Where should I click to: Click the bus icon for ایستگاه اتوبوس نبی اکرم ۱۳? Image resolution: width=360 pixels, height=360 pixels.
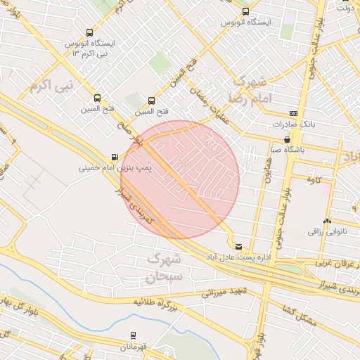tap(89, 32)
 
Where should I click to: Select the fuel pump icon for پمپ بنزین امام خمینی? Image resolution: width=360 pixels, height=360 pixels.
tap(114, 157)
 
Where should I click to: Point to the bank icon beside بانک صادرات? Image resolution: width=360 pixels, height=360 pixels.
tap(292, 113)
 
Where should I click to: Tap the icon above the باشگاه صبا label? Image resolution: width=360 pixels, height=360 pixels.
tap(287, 139)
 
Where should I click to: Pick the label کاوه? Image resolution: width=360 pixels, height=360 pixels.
tap(314, 180)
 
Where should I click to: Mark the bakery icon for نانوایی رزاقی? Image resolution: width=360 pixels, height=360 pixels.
tap(328, 221)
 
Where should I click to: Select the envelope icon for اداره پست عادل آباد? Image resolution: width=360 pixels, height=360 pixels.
tap(239, 246)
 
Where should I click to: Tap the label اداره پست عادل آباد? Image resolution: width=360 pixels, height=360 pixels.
tap(264, 257)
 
